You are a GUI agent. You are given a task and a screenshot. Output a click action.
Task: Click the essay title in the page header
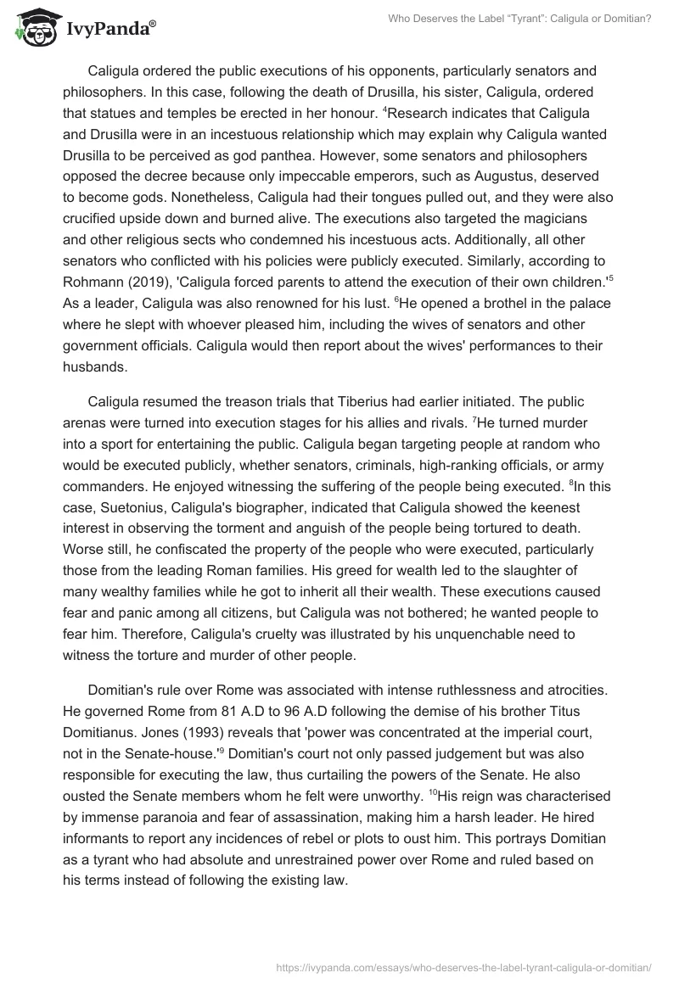click(520, 18)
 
